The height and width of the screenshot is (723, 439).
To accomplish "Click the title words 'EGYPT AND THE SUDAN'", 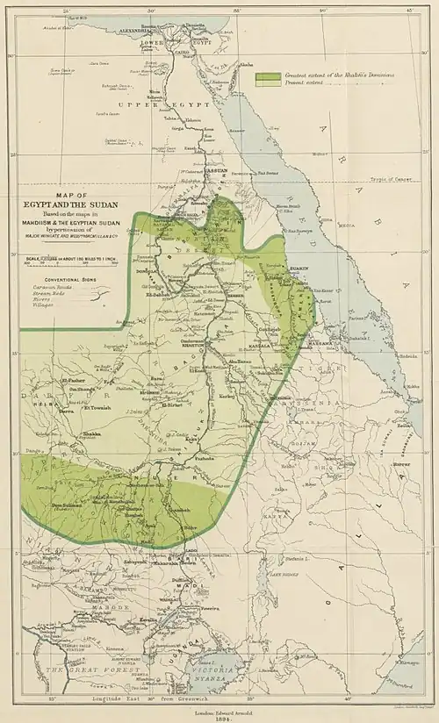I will pos(71,204).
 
